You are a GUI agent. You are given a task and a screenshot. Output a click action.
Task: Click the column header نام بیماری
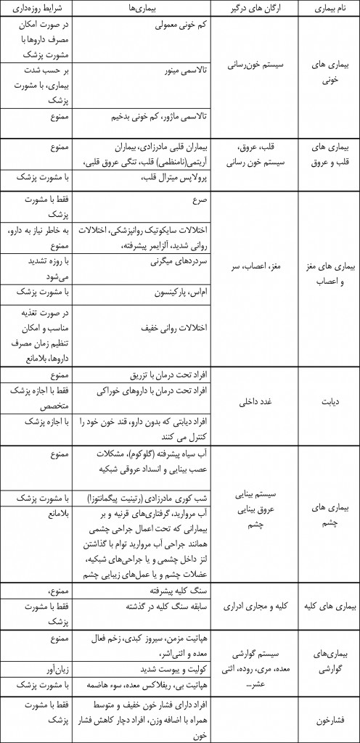tap(330, 8)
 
